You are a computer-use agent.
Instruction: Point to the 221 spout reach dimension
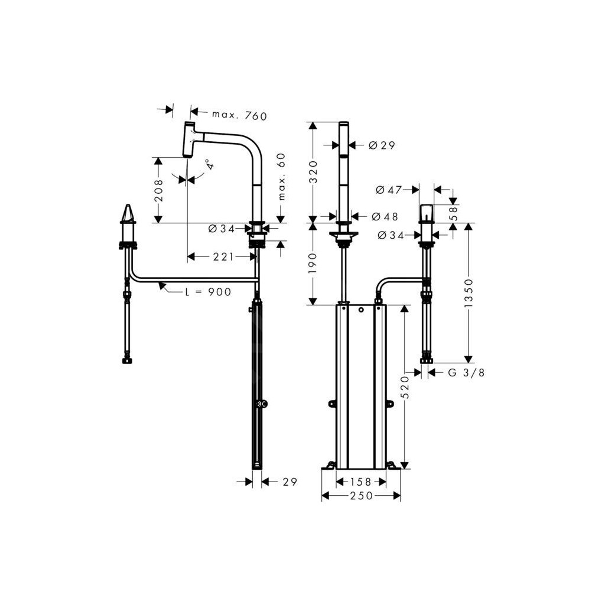223,256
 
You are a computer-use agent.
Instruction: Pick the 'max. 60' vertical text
281,176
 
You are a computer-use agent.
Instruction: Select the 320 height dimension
314,171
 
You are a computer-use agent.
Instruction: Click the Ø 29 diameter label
381,145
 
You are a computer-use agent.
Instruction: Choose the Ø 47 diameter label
388,190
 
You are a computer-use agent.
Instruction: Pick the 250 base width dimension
361,496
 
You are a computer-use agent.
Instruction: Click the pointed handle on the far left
128,214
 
